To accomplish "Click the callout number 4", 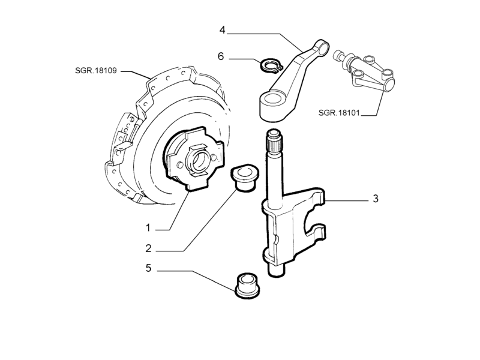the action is click(222, 31).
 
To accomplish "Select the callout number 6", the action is click(221, 56).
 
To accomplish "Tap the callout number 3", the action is click(376, 199).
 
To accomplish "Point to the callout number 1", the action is click(148, 228).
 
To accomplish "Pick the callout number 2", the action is click(148, 248).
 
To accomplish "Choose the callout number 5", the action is click(148, 268).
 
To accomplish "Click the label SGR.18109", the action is click(96, 71).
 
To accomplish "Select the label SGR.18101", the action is click(339, 113).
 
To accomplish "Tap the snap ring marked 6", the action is click(271, 66).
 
